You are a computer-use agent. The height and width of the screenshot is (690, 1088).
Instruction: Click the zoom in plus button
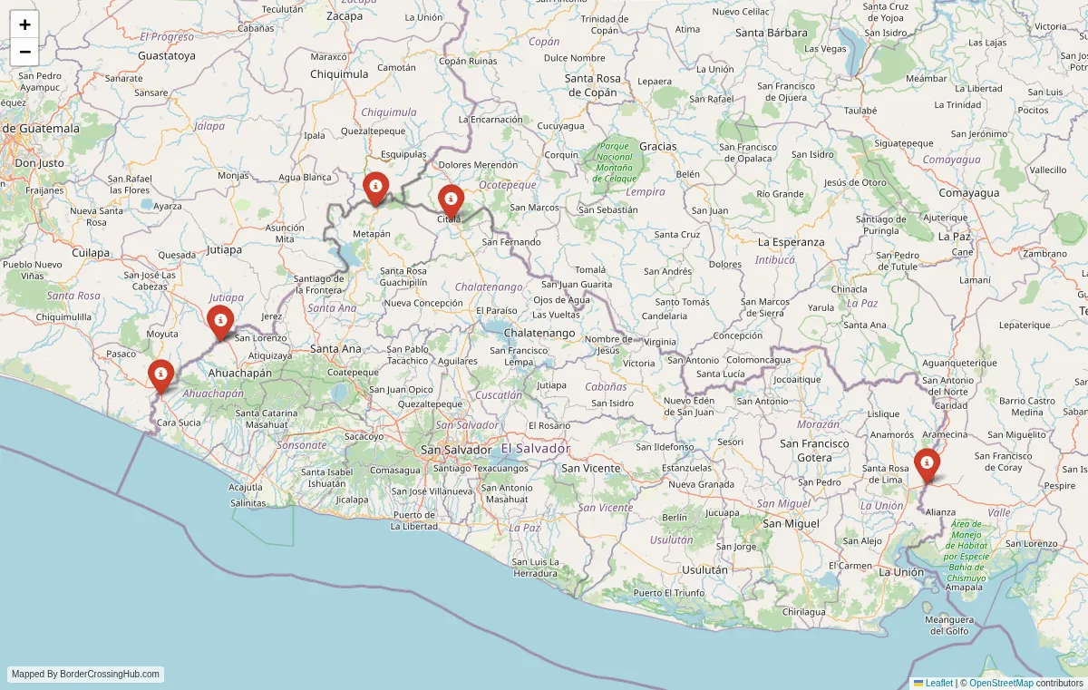[x=24, y=24]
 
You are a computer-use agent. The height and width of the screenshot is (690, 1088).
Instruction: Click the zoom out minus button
[x=24, y=52]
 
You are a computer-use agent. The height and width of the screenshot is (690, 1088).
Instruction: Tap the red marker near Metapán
[x=375, y=188]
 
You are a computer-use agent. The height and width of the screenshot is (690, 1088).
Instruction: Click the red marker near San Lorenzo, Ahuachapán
[x=220, y=321]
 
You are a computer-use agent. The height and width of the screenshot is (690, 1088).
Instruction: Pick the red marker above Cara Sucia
[x=160, y=375]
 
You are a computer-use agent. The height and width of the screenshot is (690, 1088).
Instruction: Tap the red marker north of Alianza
[x=927, y=464]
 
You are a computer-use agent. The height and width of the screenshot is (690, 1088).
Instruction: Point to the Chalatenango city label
[x=539, y=333]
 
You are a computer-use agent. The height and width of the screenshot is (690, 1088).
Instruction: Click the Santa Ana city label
[x=335, y=348]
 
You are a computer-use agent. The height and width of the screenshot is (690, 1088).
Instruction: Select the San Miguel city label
[x=791, y=523]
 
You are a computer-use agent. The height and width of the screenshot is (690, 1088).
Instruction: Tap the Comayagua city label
[x=968, y=193]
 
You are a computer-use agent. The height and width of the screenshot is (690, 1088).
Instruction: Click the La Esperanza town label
[x=791, y=242]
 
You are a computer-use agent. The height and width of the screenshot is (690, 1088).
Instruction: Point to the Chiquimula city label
[x=339, y=73]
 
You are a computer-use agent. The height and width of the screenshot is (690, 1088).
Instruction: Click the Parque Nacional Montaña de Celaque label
[x=614, y=162]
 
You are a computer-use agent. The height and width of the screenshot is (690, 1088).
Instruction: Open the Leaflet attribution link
[x=938, y=683]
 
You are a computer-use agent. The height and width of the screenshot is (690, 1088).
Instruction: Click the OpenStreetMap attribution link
[x=1001, y=683]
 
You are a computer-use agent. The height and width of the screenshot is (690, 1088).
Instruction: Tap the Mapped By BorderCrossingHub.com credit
[x=86, y=675]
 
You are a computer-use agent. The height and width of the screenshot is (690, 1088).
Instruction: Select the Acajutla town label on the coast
[x=246, y=487]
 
